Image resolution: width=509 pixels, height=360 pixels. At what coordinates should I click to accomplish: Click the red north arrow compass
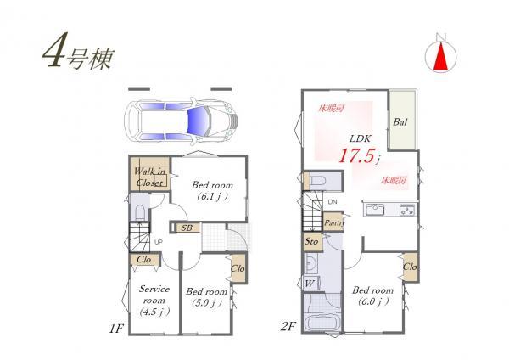point(439,54)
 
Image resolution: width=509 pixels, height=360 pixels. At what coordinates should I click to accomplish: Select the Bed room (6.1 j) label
point(209,189)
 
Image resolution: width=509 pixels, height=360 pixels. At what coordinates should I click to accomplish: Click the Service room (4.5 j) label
point(154,297)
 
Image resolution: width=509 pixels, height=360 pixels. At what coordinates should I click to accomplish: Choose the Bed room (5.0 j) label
point(207,296)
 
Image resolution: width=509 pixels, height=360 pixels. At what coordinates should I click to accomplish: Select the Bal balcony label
point(401,121)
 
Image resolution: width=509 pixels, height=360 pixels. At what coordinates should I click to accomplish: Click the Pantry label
point(333,222)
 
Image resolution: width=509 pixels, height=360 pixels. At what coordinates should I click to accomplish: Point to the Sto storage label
point(311,242)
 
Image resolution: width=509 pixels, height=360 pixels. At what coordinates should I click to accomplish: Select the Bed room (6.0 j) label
point(371,296)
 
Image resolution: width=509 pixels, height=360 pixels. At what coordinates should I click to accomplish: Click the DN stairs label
point(331,203)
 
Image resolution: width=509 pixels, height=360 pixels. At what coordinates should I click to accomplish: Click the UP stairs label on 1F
point(158,241)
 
